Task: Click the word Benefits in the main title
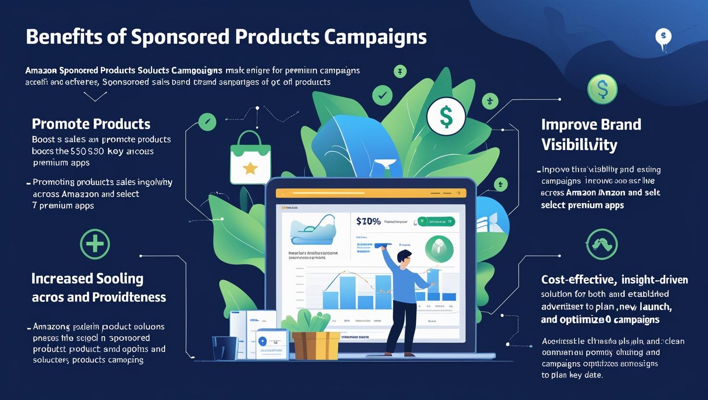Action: point(63,37)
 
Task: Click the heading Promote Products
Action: point(91,124)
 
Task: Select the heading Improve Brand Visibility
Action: point(591,134)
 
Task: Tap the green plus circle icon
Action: point(95,244)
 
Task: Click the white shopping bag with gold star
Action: point(250,161)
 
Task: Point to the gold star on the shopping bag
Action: point(250,168)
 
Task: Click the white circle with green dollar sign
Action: point(446,116)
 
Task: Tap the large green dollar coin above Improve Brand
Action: point(602,89)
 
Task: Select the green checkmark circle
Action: point(382,95)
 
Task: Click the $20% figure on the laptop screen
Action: point(368,221)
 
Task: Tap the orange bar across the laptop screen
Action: point(370,193)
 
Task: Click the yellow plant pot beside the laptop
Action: point(315,345)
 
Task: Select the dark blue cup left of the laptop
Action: point(225,348)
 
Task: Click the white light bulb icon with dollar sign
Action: point(663,37)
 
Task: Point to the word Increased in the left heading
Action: point(62,279)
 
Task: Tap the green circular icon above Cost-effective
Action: point(602,244)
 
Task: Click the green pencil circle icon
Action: point(207,122)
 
